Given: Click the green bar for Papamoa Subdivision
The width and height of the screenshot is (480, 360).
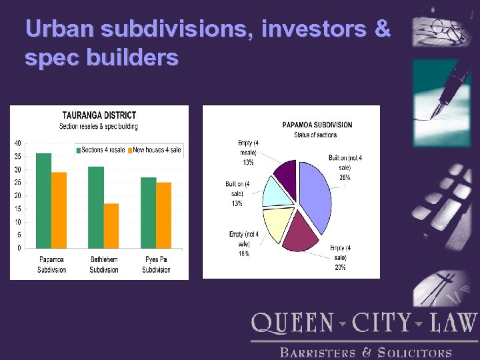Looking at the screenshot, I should coord(43,200).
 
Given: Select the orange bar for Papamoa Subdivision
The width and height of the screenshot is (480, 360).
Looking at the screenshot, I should coord(59,210).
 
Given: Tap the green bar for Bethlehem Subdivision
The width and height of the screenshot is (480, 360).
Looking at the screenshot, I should coord(96,207).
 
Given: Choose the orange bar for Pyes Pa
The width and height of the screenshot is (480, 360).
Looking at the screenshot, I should coord(163,215).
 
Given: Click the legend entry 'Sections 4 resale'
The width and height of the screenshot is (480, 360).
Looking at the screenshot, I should coord(102,150).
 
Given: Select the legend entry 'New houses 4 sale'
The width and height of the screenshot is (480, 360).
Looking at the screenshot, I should coord(157,150).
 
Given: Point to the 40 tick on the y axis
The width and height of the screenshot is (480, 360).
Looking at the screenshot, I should coord(17,143).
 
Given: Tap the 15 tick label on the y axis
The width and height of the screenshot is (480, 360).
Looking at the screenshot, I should coord(17,209).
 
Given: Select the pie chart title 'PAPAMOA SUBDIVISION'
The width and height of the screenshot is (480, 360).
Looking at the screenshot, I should coord(317,125).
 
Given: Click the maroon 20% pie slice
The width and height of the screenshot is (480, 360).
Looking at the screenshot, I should coord(300,233).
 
